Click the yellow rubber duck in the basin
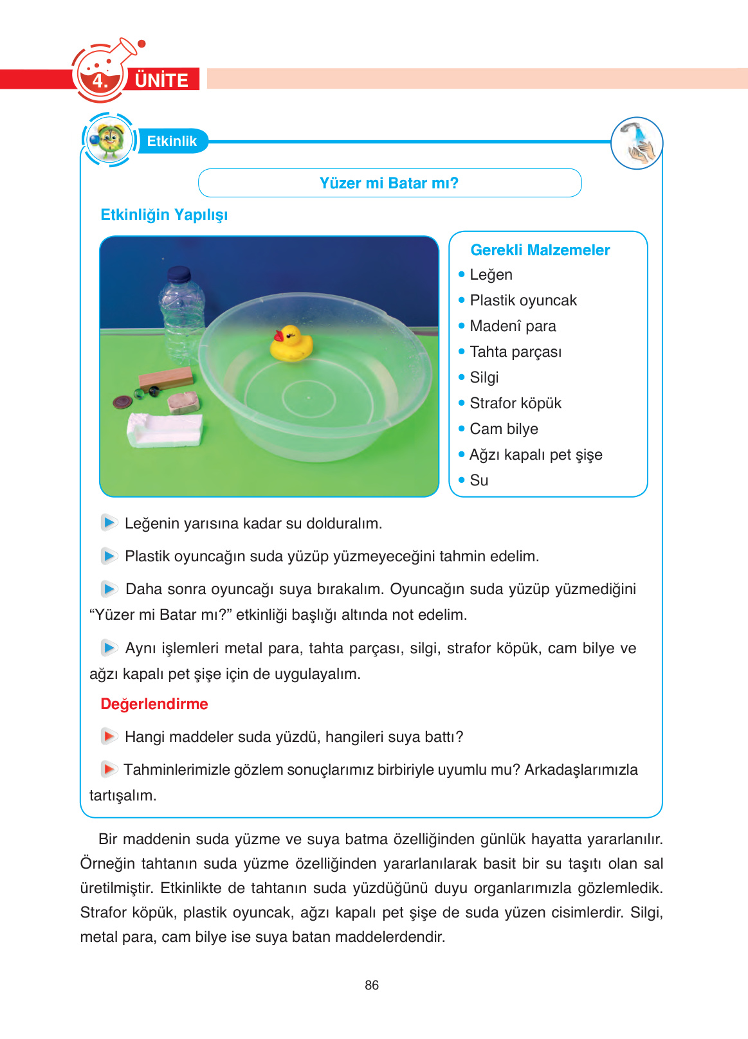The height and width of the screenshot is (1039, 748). click(291, 344)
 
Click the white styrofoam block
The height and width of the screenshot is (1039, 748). click(166, 429)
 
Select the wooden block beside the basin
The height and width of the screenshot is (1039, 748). click(166, 379)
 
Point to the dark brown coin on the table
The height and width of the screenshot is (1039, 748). click(122, 402)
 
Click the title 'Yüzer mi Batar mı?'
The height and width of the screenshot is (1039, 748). click(389, 183)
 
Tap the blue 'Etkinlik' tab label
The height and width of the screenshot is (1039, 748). click(171, 141)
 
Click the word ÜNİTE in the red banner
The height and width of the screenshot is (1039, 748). click(161, 80)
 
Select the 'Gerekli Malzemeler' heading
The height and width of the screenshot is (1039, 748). click(540, 250)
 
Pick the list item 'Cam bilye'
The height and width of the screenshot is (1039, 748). click(504, 429)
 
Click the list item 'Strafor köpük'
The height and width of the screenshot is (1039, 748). click(515, 403)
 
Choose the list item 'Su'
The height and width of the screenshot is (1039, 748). click(479, 480)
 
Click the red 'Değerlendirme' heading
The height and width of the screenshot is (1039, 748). click(154, 704)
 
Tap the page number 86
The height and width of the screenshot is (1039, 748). click(372, 985)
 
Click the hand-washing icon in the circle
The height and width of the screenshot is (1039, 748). click(637, 143)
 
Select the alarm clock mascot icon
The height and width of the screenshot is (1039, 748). click(108, 140)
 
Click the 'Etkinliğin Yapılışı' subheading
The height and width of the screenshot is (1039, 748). click(164, 215)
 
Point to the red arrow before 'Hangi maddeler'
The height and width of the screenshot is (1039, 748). click(109, 736)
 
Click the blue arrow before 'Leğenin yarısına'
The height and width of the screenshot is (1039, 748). click(109, 523)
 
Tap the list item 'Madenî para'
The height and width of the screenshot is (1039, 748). click(513, 326)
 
